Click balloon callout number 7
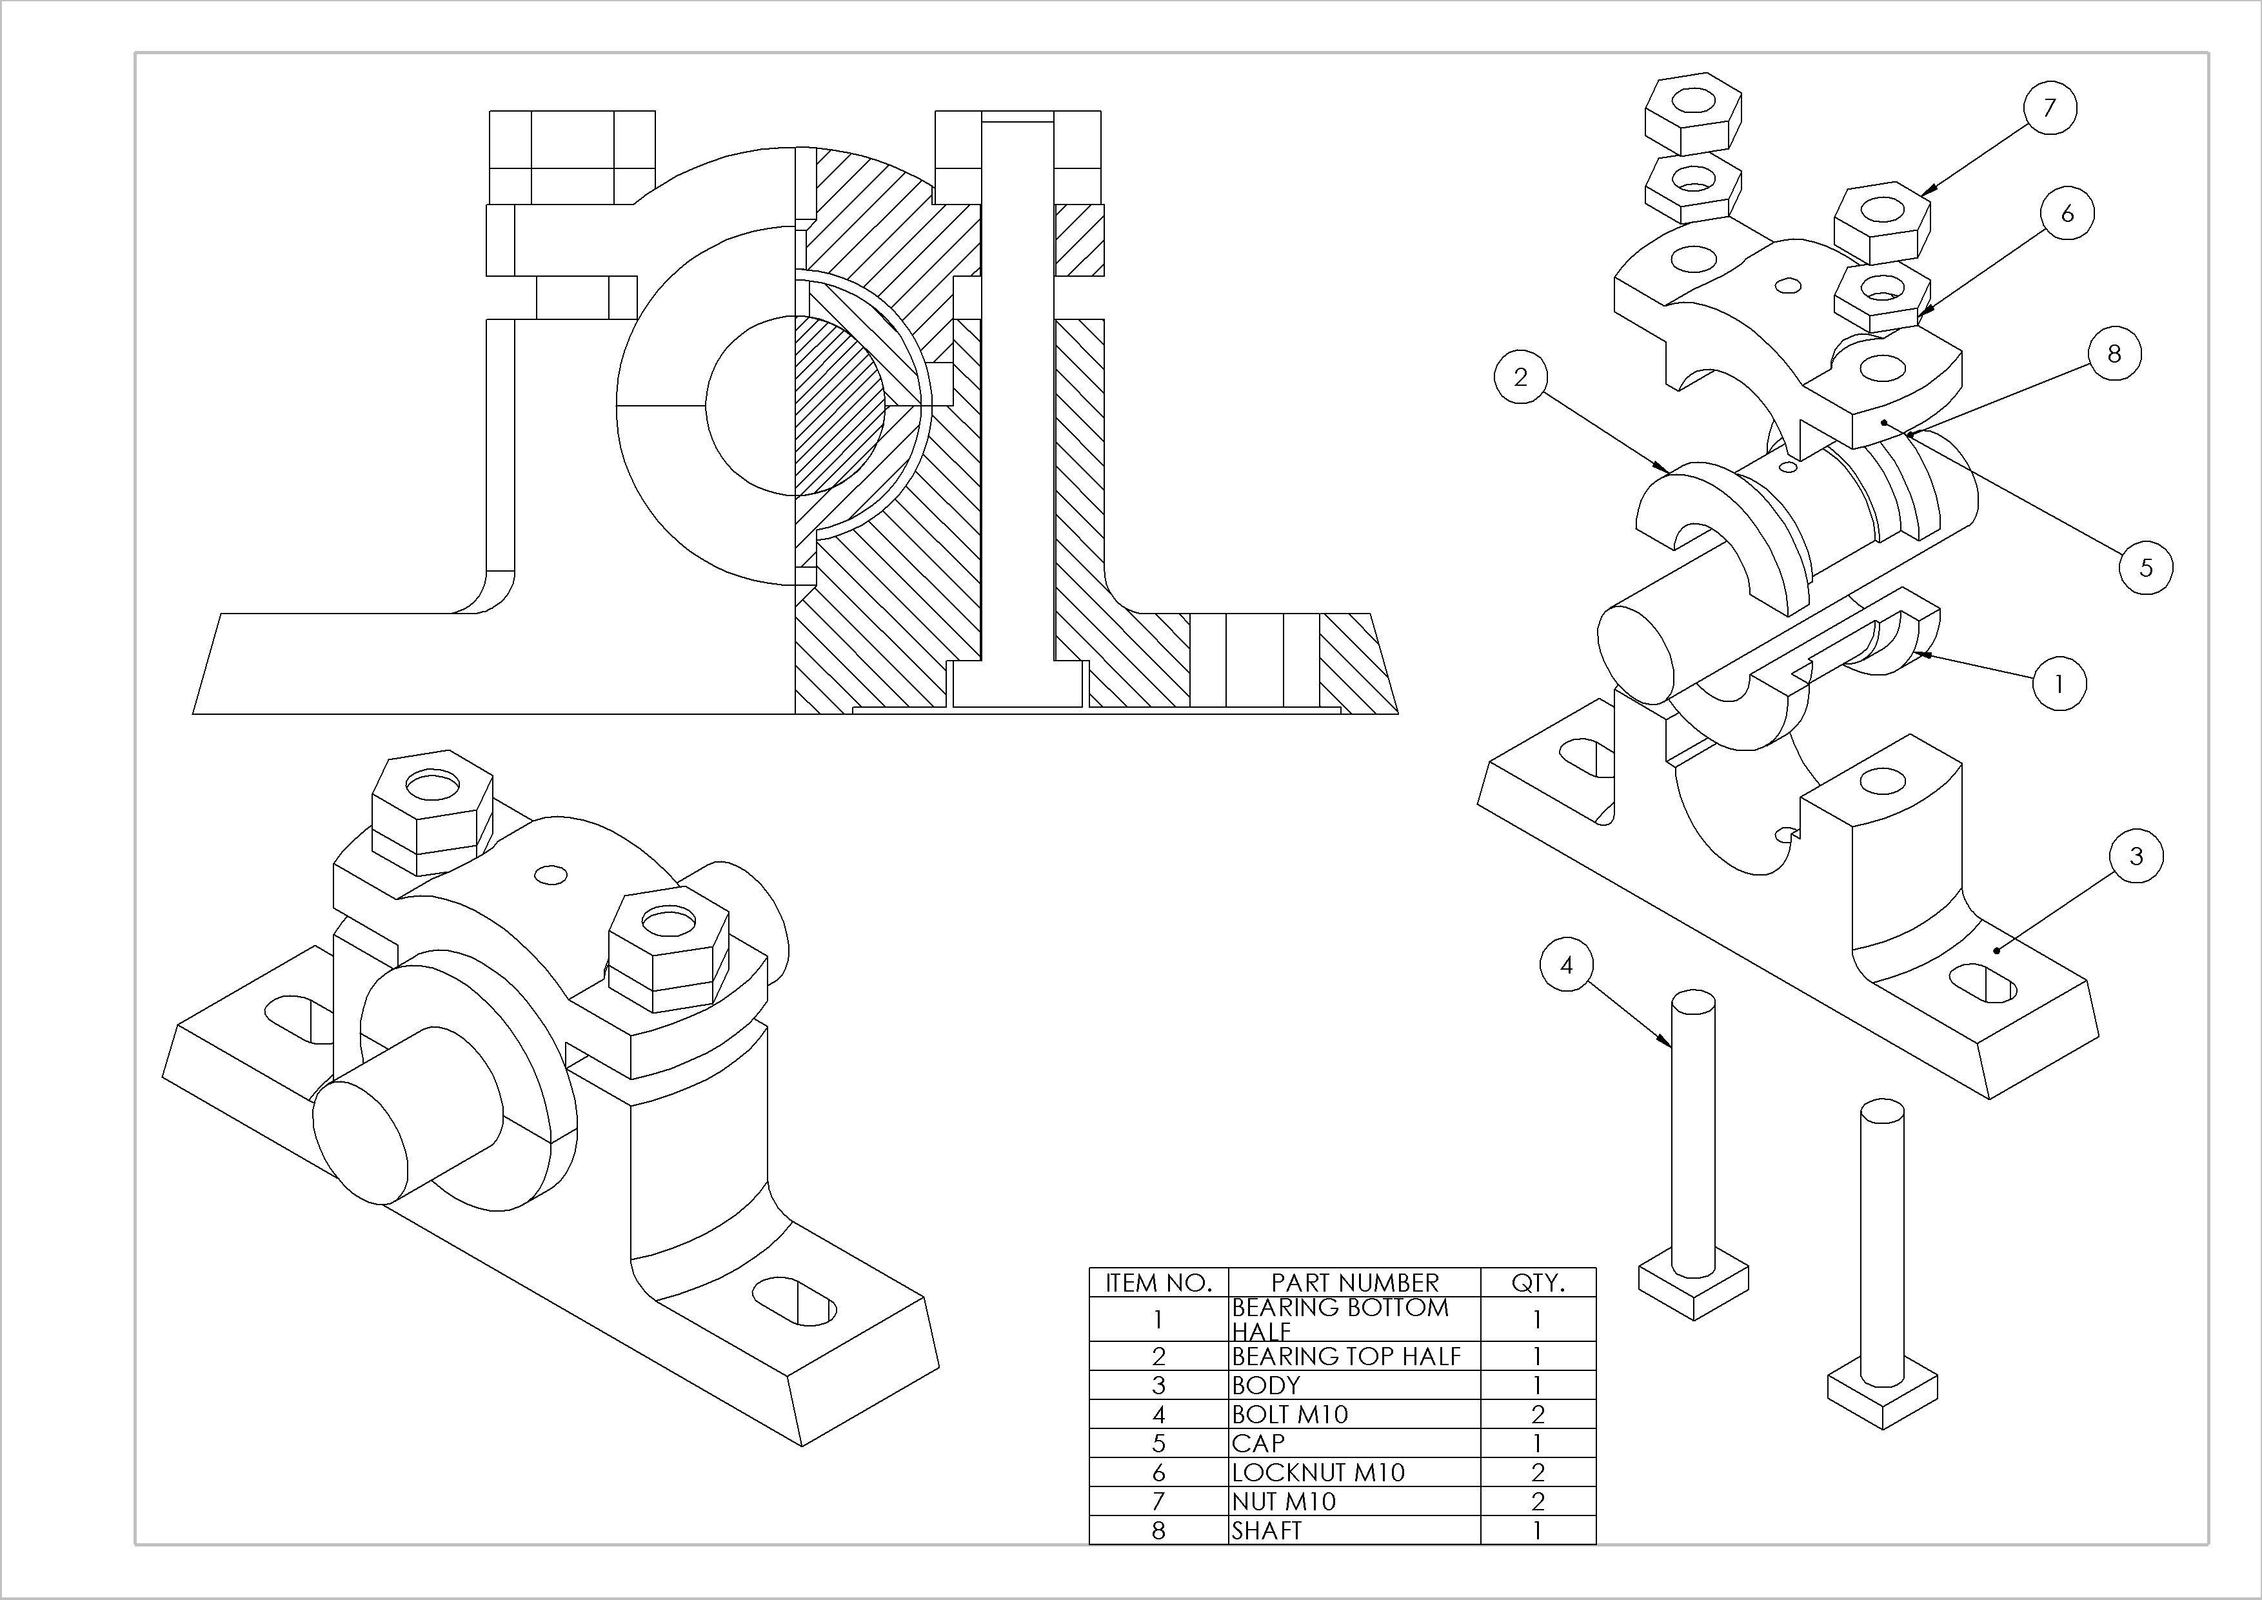pos(2050,107)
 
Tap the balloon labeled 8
pos(2113,354)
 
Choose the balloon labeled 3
pos(2136,856)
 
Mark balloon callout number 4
pos(1567,966)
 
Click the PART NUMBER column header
pos(1354,1282)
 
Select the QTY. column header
pos(1537,1282)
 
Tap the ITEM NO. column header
pos(1158,1282)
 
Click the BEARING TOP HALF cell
pos(1345,1355)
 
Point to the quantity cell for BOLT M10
pos(1537,1414)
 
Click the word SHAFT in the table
pos(1266,1530)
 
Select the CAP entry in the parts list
pos(1258,1443)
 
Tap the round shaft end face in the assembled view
pos(360,1141)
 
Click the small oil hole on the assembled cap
pos(550,875)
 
